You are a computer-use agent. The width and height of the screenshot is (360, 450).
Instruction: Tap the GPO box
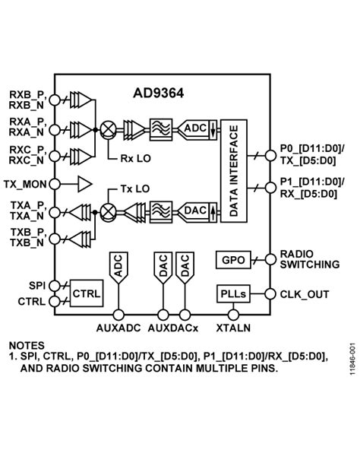click(232, 260)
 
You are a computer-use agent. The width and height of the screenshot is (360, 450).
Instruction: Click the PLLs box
click(232, 294)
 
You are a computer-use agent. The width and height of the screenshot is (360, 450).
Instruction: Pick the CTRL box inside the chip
click(85, 293)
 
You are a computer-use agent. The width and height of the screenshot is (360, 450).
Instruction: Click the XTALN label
click(232, 328)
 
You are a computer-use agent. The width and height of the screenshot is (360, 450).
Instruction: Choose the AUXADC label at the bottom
click(119, 328)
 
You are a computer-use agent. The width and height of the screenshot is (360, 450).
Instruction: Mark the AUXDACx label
click(173, 328)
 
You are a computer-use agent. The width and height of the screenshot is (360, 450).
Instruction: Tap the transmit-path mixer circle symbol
click(109, 210)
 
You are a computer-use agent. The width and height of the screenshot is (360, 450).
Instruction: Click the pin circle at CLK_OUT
click(270, 294)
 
